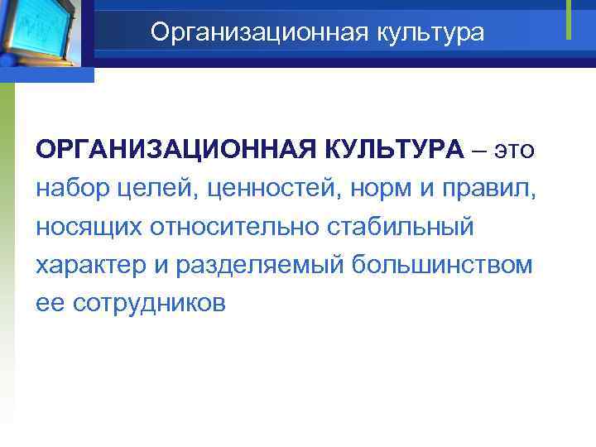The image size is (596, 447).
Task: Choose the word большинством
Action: pyautogui.click(x=441, y=266)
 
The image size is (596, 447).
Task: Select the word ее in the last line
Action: pyautogui.click(x=50, y=304)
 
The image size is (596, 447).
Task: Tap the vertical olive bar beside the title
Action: pyautogui.click(x=569, y=18)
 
